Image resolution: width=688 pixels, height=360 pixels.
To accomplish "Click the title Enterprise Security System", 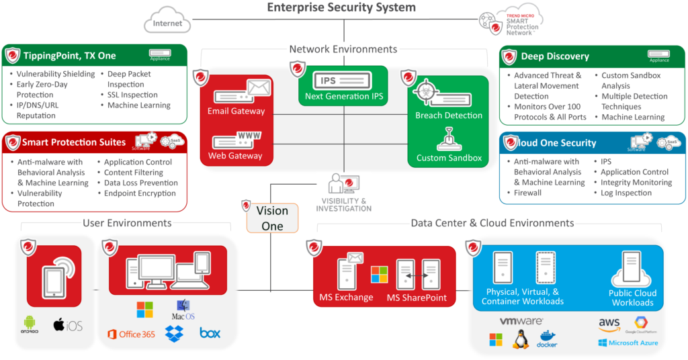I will click(x=341, y=8).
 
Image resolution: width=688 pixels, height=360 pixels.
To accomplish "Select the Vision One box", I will click(x=272, y=218).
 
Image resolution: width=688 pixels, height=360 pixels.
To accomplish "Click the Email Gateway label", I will click(x=236, y=111).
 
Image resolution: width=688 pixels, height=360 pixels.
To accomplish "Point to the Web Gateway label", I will click(x=235, y=156).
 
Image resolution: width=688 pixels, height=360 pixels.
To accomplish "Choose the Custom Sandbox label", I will click(x=449, y=159).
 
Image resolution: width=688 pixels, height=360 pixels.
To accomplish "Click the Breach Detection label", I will click(x=449, y=116).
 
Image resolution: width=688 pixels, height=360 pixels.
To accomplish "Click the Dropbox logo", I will click(x=175, y=332).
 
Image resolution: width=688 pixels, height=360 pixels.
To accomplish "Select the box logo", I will click(x=210, y=332).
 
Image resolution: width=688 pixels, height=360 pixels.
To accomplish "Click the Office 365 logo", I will click(x=131, y=334).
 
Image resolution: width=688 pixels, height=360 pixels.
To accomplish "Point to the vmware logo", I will click(x=521, y=322).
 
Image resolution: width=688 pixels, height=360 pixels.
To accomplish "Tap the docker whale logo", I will click(x=547, y=339).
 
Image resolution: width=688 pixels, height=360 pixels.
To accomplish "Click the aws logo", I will click(x=609, y=324).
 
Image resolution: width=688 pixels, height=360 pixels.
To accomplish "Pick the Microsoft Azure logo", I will click(x=628, y=343).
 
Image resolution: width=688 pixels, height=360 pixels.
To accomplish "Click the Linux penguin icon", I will click(x=520, y=340).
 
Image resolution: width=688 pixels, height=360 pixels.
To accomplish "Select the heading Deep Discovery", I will click(x=555, y=56).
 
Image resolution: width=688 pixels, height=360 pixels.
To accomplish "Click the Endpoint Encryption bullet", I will click(x=139, y=193).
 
